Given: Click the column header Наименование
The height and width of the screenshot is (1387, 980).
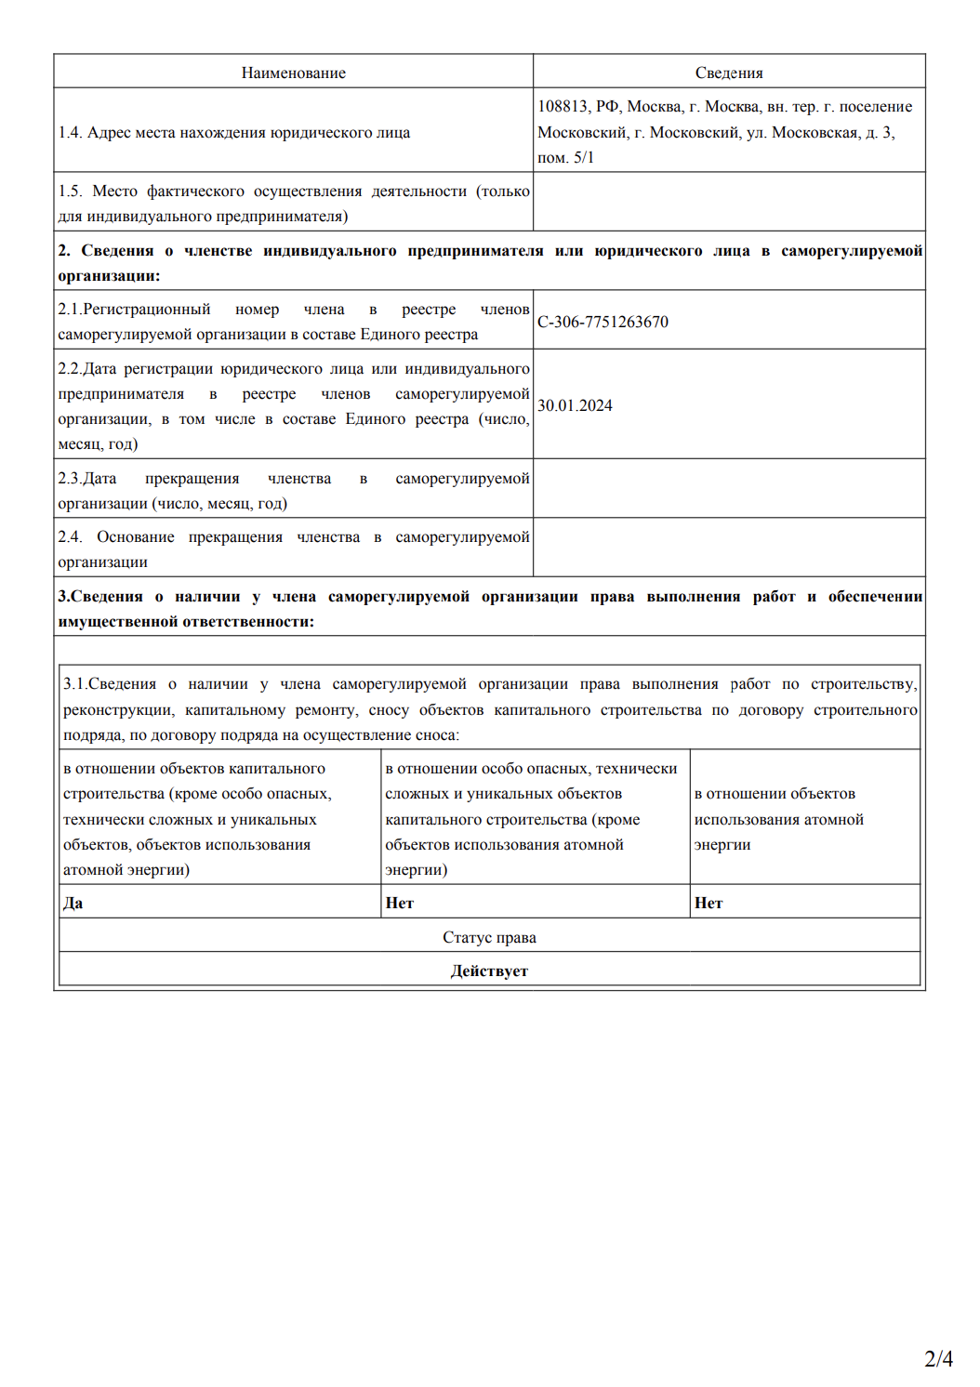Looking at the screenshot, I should (293, 73).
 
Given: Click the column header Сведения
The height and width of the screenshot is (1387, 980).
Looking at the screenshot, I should (728, 73).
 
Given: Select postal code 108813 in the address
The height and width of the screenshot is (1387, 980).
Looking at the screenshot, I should (563, 107).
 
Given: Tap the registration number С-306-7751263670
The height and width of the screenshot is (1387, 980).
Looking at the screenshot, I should (603, 322).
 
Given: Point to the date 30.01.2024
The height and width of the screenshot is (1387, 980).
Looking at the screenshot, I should (575, 405).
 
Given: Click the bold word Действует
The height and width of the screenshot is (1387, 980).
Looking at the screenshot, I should (489, 971).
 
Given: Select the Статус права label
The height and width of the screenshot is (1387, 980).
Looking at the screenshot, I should (489, 937).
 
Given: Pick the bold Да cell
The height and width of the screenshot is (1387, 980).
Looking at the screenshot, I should (73, 903).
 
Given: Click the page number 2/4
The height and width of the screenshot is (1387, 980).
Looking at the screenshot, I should (938, 1359).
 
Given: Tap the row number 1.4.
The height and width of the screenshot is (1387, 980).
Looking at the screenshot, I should (70, 133).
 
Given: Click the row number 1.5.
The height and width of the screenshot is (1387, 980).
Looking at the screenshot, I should (70, 192).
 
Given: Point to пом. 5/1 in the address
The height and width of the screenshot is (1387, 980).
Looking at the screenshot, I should (565, 158).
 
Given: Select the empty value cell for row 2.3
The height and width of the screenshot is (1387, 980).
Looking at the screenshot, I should (728, 489).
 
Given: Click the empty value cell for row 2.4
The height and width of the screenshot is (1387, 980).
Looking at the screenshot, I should (728, 548).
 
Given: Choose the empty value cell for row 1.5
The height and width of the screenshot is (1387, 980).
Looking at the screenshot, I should (728, 202).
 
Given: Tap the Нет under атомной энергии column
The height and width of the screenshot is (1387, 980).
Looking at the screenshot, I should (709, 903).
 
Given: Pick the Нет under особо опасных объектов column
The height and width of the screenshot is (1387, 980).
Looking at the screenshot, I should (400, 903).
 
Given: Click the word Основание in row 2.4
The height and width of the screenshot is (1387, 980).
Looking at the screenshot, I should (136, 537).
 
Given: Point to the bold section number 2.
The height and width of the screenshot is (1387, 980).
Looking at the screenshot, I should (63, 251).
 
